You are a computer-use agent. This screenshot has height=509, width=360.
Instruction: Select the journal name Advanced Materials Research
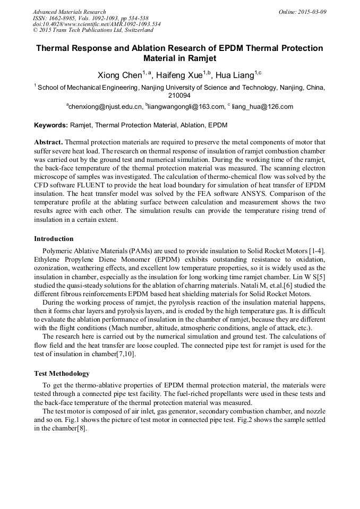pyautogui.click(x=69, y=12)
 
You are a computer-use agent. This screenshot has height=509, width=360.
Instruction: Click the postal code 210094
pyautogui.click(x=179, y=96)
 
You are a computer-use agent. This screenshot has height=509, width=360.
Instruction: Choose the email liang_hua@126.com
pyautogui.click(x=262, y=107)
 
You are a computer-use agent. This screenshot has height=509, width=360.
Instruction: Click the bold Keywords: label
pyautogui.click(x=51, y=126)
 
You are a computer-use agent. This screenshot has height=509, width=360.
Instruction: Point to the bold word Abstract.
pyautogui.click(x=48, y=143)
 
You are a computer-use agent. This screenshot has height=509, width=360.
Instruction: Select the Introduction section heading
pyautogui.click(x=54, y=238)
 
